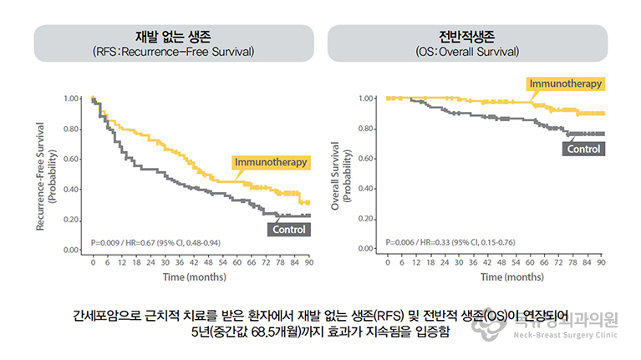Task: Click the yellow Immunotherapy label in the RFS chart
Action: tap(271, 162)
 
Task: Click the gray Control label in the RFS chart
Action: tap(289, 229)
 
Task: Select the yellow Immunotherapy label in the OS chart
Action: tap(566, 84)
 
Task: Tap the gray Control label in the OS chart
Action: tap(584, 150)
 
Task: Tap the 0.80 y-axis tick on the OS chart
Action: tap(366, 129)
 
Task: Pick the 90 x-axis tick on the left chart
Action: tap(309, 262)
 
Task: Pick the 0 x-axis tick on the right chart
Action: tap(388, 262)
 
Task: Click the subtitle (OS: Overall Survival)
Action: tap(467, 52)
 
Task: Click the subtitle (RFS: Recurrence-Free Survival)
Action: tap(174, 52)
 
